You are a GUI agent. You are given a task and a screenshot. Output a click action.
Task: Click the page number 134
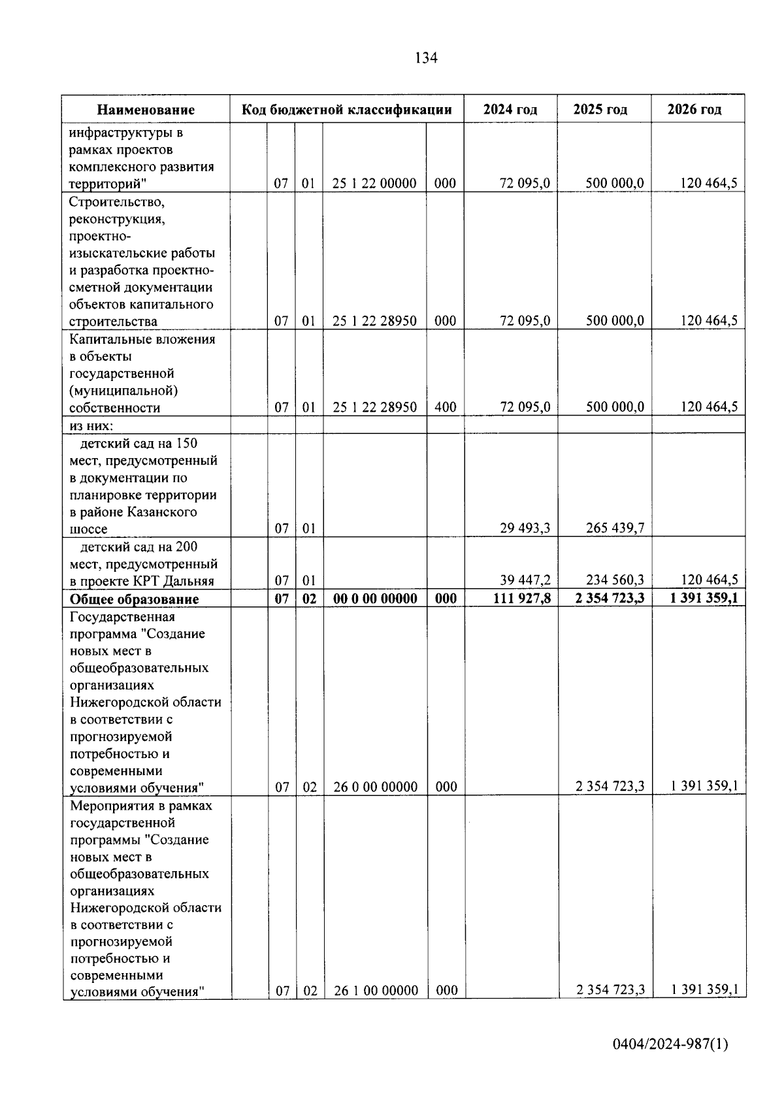click(x=426, y=58)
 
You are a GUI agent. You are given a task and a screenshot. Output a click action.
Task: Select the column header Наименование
click(x=146, y=110)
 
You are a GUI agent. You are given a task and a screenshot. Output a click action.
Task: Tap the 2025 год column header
click(x=600, y=109)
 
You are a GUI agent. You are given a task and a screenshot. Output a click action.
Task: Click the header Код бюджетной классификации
click(x=346, y=109)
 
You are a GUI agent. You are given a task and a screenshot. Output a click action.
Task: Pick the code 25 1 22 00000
click(x=374, y=184)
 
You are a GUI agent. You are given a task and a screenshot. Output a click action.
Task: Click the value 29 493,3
click(x=525, y=528)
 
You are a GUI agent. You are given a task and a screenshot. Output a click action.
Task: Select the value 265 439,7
click(x=614, y=528)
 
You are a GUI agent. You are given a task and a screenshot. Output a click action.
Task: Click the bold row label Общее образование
click(x=134, y=599)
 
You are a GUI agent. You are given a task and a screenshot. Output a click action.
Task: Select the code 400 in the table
click(x=445, y=407)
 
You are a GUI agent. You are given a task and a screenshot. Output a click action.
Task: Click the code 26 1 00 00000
click(x=376, y=991)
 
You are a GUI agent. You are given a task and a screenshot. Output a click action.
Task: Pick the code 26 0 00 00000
click(x=375, y=787)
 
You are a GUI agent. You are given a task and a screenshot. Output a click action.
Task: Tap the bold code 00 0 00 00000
click(x=374, y=599)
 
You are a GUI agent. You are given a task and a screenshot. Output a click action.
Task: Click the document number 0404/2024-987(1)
click(x=670, y=1044)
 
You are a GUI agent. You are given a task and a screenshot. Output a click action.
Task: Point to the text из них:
click(x=91, y=425)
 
